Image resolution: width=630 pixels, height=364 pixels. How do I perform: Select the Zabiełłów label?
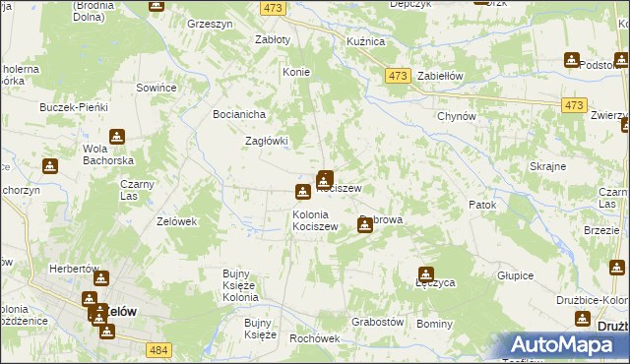(x=440, y=76)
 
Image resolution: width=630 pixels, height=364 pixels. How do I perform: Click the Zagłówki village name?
(x=266, y=141)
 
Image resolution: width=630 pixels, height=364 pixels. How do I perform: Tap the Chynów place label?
(x=457, y=115)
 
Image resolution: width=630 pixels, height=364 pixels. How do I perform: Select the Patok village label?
(x=481, y=205)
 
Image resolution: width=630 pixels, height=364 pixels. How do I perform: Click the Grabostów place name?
(x=378, y=322)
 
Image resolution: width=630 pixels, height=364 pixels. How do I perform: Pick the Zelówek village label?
(x=177, y=221)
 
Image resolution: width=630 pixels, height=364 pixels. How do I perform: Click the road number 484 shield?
(x=159, y=349)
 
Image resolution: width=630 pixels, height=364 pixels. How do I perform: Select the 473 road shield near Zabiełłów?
(x=398, y=76)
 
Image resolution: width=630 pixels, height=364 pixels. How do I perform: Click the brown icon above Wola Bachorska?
(x=117, y=137)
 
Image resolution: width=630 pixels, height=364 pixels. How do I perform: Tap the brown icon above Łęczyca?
(x=426, y=274)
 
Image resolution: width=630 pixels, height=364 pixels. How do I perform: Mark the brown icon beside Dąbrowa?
(x=365, y=225)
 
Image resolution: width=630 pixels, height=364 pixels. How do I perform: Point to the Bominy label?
(x=434, y=324)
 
